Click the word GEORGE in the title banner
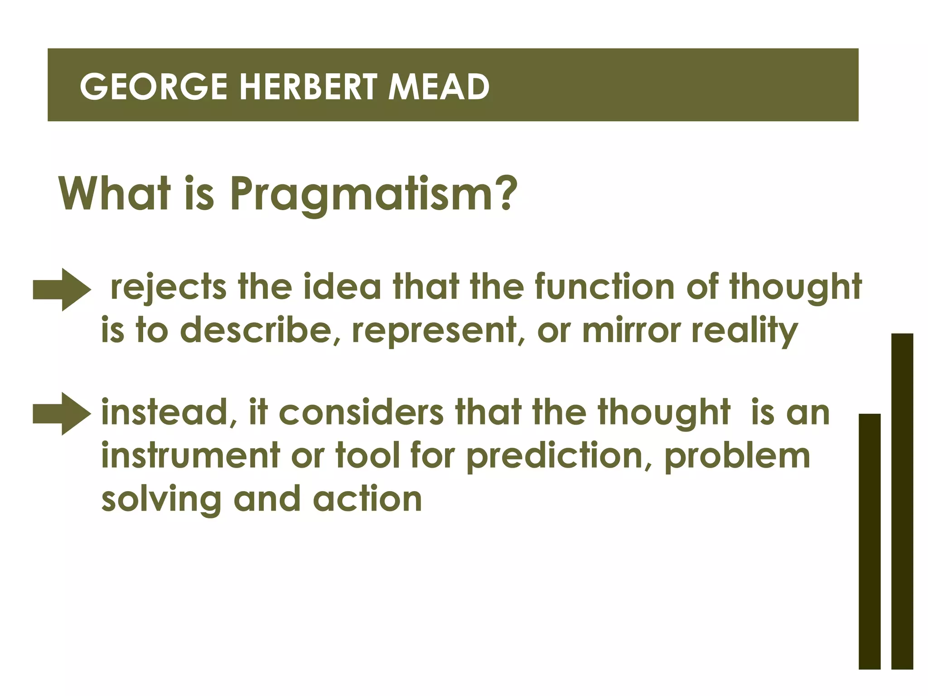tap(153, 87)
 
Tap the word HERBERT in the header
tap(308, 87)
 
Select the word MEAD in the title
tap(439, 87)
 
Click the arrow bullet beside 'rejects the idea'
tap(62, 290)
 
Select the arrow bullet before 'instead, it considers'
tap(62, 414)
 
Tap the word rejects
tap(168, 288)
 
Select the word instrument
tap(190, 455)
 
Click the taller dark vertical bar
tap(902, 501)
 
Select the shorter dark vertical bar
tap(869, 541)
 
